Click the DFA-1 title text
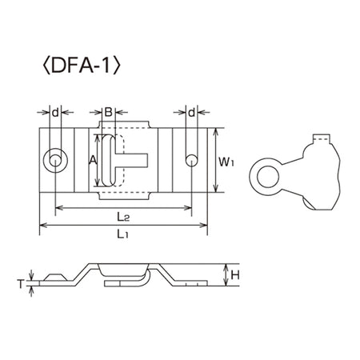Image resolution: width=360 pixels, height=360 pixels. [82, 66]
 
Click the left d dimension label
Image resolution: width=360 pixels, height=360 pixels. [55, 113]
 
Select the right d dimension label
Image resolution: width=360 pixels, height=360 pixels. [191, 113]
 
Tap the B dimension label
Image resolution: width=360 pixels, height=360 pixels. [109, 112]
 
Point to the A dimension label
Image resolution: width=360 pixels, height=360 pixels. [93, 160]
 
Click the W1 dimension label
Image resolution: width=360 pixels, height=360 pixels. [226, 162]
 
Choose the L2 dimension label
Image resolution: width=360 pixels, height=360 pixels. [123, 217]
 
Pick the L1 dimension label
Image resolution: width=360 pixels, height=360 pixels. [122, 234]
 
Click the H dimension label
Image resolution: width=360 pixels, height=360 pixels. [235, 275]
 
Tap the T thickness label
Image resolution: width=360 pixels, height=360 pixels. [21, 284]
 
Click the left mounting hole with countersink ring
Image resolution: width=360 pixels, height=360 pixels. [55, 161]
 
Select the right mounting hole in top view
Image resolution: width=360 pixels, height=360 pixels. [191, 161]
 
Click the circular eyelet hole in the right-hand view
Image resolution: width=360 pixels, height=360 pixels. [268, 177]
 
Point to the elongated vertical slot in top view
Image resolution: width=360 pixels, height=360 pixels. [109, 161]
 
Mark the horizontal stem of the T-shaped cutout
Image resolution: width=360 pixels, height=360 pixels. [131, 161]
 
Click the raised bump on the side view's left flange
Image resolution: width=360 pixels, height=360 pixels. [55, 277]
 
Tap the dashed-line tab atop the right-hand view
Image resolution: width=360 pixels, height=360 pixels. [322, 138]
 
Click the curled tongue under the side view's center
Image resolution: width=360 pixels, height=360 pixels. [127, 280]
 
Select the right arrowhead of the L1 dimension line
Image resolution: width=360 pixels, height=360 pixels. [204, 226]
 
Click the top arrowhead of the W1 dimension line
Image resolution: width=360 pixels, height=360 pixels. [215, 132]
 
